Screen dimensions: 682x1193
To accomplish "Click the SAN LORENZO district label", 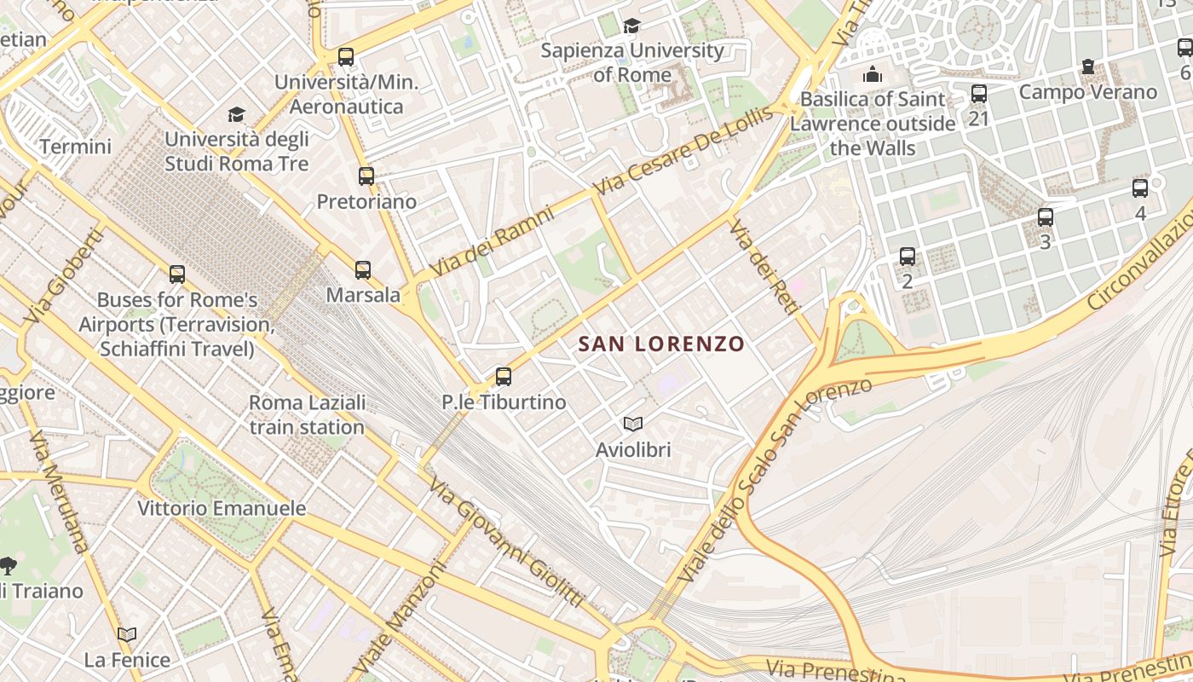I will click(661, 344).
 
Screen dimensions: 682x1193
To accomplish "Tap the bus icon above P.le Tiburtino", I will click(504, 376).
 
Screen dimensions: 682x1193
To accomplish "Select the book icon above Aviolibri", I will click(633, 424).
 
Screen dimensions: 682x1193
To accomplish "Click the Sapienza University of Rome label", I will click(632, 62).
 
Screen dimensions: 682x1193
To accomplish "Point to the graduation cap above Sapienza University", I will click(631, 26).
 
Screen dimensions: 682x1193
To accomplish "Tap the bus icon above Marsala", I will click(363, 270).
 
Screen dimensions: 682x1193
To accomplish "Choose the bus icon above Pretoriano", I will click(366, 176).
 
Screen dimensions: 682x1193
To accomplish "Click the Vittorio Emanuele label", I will click(222, 509).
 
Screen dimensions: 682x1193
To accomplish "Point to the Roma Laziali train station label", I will click(307, 414).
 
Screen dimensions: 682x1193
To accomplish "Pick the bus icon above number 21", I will click(979, 94).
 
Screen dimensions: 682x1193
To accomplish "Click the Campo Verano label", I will click(1088, 92).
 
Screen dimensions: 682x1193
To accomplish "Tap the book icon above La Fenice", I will click(127, 634).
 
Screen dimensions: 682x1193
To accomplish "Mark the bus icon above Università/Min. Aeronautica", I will click(345, 57).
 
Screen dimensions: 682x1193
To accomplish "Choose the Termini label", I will click(75, 147).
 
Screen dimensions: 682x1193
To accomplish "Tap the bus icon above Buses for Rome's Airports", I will click(177, 275).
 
